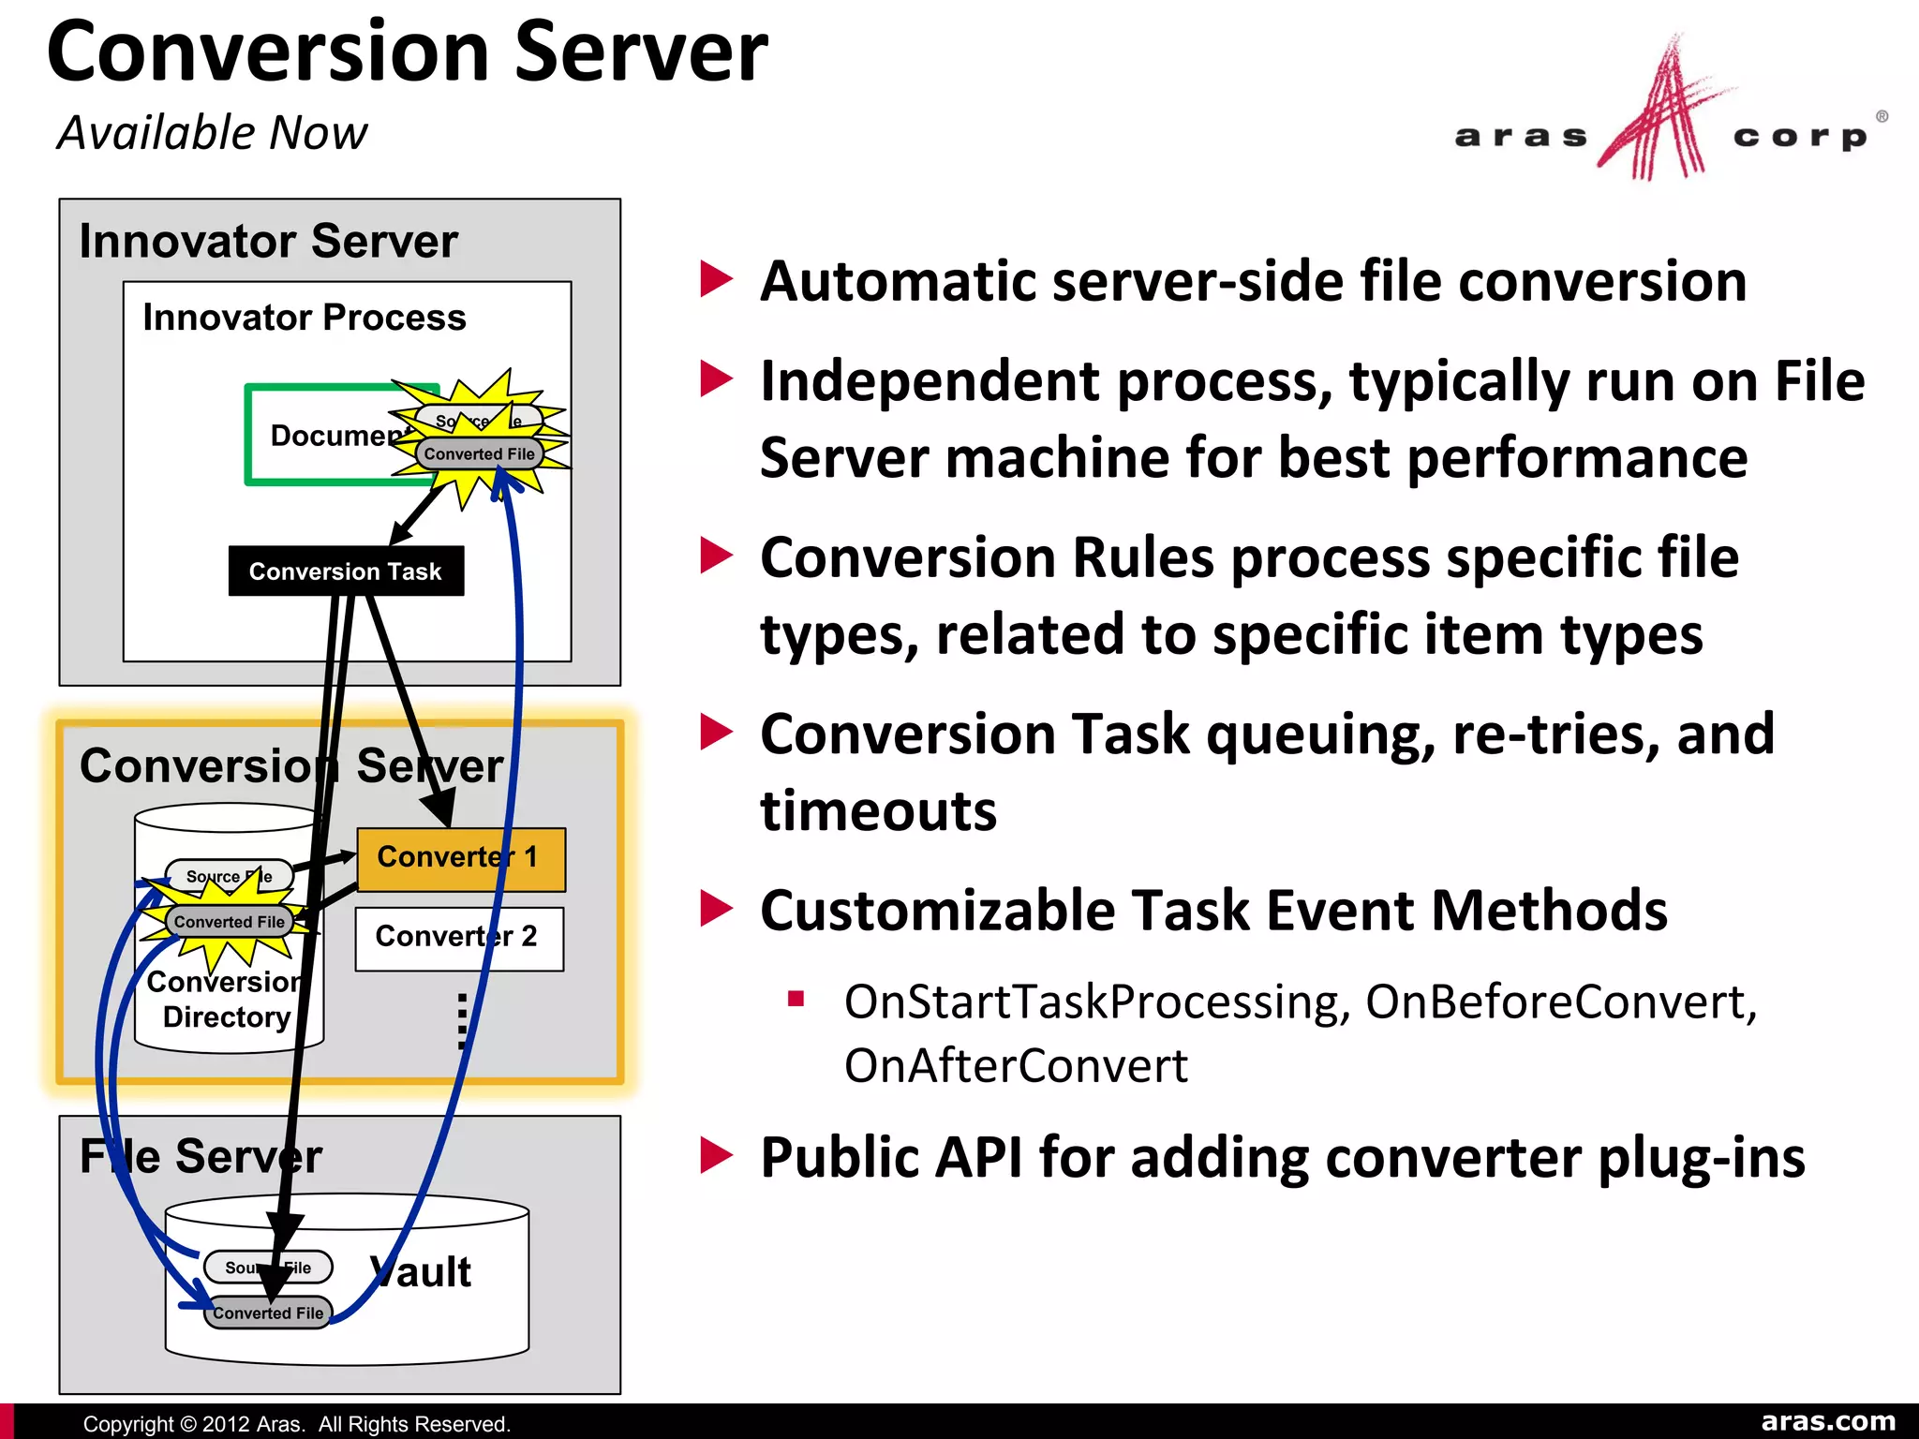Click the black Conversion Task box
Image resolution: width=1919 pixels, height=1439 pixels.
pos(346,571)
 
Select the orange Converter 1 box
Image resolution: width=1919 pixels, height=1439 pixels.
pos(460,858)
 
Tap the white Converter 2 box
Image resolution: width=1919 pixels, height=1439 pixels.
pos(458,938)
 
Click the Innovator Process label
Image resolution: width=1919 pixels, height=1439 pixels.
pos(304,318)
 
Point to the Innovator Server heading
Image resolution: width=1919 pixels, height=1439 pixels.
pos(268,241)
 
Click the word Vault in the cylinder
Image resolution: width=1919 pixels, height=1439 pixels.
pos(422,1272)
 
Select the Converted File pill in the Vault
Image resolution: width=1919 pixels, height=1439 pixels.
pos(268,1313)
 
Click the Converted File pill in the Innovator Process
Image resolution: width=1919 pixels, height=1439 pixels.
pos(479,453)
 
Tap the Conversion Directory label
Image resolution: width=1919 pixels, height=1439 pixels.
pos(226,1000)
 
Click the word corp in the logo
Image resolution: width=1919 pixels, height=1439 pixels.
pos(1799,138)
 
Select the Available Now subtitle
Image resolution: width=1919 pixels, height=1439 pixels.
pos(212,132)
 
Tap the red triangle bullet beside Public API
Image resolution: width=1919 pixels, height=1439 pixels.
pos(717,1155)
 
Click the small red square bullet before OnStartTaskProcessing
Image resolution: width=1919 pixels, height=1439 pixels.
pos(796,999)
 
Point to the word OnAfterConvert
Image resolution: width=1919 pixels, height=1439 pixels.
pos(1016,1066)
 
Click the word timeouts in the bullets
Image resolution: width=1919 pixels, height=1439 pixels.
pos(878,810)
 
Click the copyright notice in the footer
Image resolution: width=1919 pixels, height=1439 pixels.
pos(296,1424)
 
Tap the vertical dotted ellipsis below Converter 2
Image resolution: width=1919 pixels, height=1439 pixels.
pos(462,1021)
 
